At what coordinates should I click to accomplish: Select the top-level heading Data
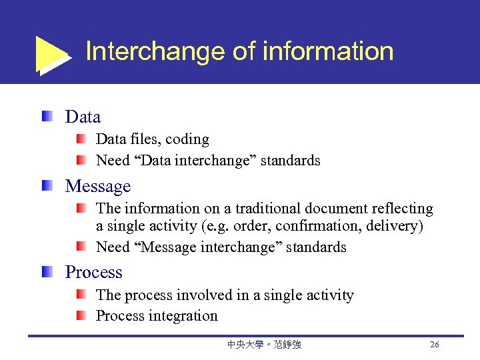[x=83, y=117]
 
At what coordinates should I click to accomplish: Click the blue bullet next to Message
[x=46, y=185]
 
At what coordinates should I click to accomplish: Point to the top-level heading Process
[x=93, y=273]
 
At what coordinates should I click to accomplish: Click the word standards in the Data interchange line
[x=291, y=161]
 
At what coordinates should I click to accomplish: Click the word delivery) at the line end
[x=398, y=226]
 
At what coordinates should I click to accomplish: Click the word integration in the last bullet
[x=186, y=316]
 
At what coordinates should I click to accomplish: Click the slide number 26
[x=435, y=345]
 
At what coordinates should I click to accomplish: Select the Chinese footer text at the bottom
[x=264, y=345]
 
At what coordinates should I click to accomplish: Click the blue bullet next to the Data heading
[x=46, y=117]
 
